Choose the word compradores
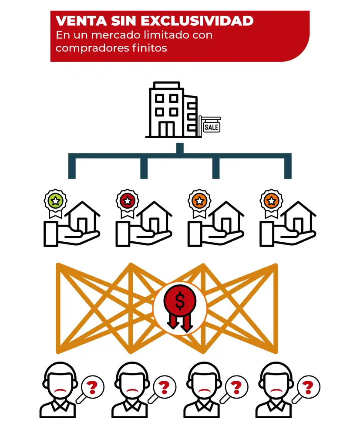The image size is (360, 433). (x=92, y=48)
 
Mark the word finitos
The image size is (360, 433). (x=149, y=48)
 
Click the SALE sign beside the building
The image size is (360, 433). (x=212, y=127)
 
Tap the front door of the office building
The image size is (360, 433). (x=167, y=129)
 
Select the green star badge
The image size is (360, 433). (x=55, y=201)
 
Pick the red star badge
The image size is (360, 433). (x=128, y=201)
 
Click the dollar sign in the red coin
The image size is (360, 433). (x=180, y=300)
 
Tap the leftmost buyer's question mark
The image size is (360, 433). (x=92, y=387)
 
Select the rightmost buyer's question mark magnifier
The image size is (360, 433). (x=306, y=389)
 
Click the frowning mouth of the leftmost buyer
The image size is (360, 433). (x=61, y=391)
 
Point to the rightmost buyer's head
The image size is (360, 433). (x=276, y=380)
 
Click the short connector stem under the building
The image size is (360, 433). (x=180, y=148)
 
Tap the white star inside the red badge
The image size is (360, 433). (x=128, y=201)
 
